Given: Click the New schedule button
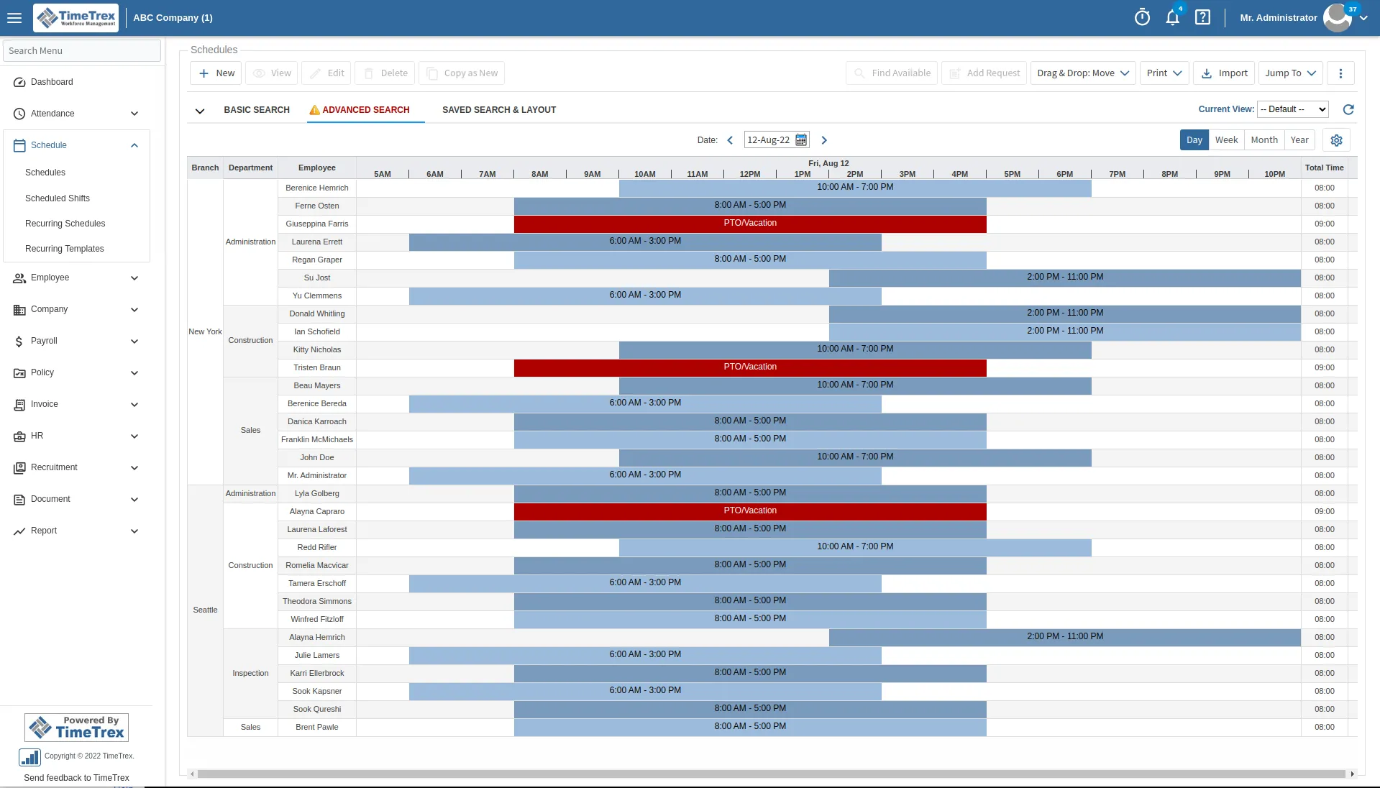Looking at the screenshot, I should pyautogui.click(x=216, y=73).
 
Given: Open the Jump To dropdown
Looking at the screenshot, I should pyautogui.click(x=1290, y=73).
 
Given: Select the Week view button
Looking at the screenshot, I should pyautogui.click(x=1226, y=140).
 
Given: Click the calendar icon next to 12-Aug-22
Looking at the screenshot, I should pyautogui.click(x=801, y=140).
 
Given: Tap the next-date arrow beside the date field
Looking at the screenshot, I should pyautogui.click(x=824, y=140).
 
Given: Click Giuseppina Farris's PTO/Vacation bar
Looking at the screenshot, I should pyautogui.click(x=749, y=224).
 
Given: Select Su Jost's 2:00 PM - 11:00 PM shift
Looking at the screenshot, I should pyautogui.click(x=1064, y=278).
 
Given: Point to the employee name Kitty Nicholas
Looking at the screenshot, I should pyautogui.click(x=317, y=350).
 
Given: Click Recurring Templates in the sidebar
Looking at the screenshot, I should pyautogui.click(x=65, y=249).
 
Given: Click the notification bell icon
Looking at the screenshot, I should pyautogui.click(x=1172, y=18).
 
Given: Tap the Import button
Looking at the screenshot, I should pyautogui.click(x=1224, y=73).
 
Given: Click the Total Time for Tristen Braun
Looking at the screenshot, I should pyautogui.click(x=1324, y=368).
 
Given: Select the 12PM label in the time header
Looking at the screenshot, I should pyautogui.click(x=749, y=175).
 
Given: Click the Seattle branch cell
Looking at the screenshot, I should pyautogui.click(x=205, y=610).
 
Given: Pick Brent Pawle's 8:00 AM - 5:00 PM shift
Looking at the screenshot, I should pyautogui.click(x=749, y=727).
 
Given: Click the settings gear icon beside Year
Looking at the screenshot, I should pyautogui.click(x=1336, y=140).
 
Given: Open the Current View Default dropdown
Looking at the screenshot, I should pyautogui.click(x=1292, y=110).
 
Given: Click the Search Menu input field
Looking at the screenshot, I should pyautogui.click(x=82, y=51).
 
